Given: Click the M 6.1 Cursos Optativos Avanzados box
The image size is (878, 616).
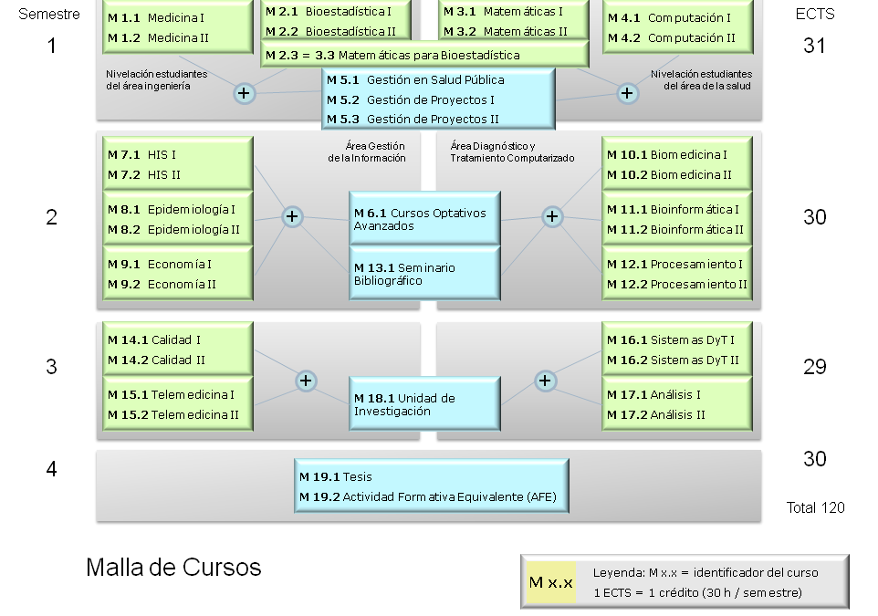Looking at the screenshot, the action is [x=424, y=218].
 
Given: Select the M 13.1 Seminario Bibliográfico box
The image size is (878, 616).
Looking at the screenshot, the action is [x=424, y=273].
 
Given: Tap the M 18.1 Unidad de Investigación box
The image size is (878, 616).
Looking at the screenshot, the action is [x=424, y=403].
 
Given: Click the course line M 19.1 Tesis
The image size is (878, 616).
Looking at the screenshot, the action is [x=335, y=477].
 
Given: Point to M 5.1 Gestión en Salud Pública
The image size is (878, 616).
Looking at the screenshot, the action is [x=415, y=80].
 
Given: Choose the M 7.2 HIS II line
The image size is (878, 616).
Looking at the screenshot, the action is [x=144, y=174].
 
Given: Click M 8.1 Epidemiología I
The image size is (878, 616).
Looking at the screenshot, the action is [x=172, y=210].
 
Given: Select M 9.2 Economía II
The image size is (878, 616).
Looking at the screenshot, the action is [x=162, y=285].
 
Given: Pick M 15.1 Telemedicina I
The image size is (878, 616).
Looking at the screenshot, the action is [x=171, y=395].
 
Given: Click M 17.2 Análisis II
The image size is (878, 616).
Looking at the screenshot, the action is [x=656, y=415].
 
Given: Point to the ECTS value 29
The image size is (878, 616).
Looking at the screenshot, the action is [x=815, y=367].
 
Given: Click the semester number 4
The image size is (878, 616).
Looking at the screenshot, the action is [x=51, y=469].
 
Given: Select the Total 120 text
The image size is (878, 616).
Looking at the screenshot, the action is [x=815, y=507].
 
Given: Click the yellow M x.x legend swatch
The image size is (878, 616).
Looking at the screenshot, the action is [x=551, y=582].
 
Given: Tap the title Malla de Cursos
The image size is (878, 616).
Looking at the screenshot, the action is [x=173, y=568].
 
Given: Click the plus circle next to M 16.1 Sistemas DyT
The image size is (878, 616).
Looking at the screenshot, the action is [x=545, y=381].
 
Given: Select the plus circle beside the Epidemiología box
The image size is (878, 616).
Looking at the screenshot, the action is [x=292, y=216].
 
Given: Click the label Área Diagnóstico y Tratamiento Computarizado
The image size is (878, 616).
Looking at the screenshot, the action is [x=512, y=151].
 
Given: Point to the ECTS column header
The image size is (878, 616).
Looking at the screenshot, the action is [x=815, y=14].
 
